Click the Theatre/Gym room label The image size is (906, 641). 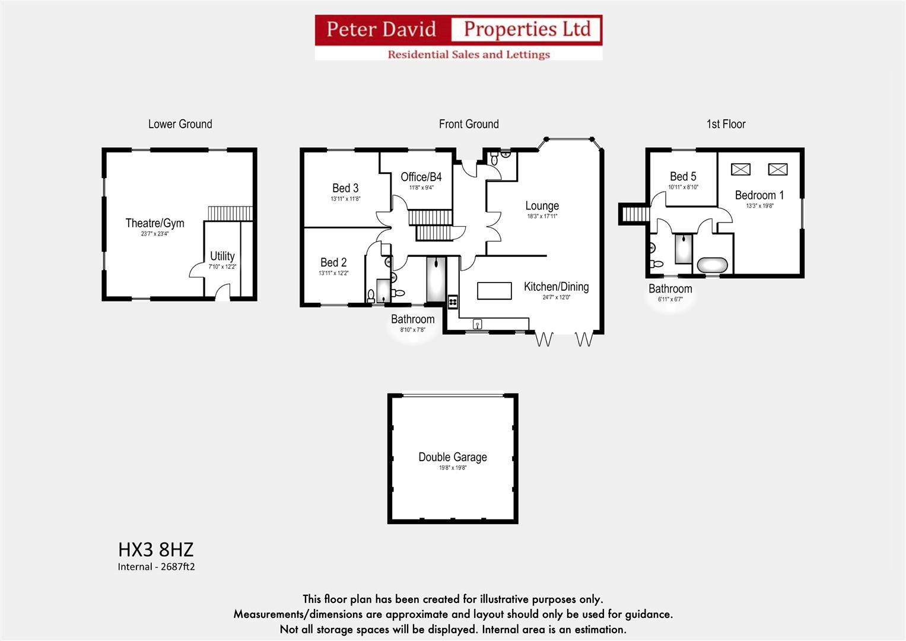pos(155,223)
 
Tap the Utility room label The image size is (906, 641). pos(222,256)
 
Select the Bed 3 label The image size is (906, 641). pos(345,188)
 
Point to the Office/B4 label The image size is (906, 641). pos(421,177)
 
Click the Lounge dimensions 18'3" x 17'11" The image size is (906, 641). pos(542,217)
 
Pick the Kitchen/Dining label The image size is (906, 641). pos(556,287)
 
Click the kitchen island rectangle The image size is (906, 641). pos(494,291)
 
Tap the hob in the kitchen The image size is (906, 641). pos(453,302)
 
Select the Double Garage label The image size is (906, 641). pos(453,457)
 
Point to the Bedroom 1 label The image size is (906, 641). pos(759,195)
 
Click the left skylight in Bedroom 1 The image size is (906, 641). pos(740,169)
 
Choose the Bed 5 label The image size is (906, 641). pos(683,176)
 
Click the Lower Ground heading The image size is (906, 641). pos(180,124)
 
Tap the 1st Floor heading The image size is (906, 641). pos(726,124)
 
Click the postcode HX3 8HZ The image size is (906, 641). pos(155,549)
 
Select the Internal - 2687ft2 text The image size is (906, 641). pos(156,567)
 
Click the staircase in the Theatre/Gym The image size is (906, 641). pos(230,213)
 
